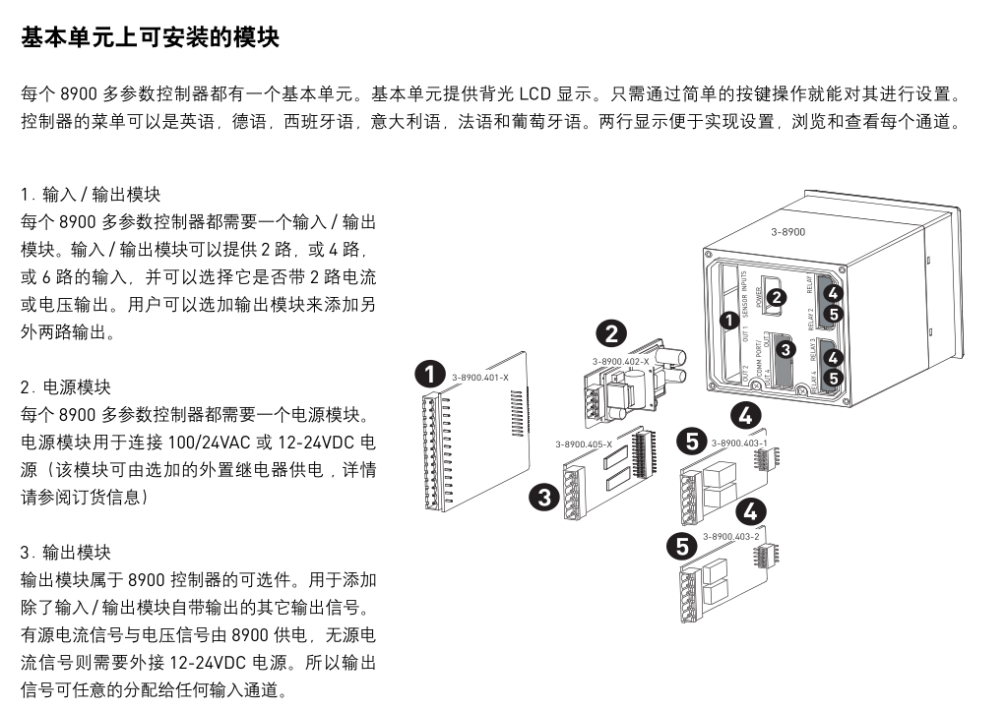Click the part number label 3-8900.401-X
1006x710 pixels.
click(480, 378)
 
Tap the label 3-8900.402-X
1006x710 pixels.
click(621, 362)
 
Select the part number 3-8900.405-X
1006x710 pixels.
click(583, 444)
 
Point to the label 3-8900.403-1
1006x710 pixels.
click(739, 443)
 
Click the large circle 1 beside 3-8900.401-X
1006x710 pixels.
click(430, 375)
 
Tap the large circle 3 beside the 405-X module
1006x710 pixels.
click(543, 497)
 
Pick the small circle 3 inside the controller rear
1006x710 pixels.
click(786, 348)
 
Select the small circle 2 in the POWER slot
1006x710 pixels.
click(777, 296)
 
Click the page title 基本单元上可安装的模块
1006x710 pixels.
click(151, 38)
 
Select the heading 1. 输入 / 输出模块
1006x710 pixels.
click(91, 195)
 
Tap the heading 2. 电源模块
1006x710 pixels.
click(66, 387)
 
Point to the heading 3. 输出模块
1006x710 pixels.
click(66, 553)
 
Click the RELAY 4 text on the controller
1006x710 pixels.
click(814, 378)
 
